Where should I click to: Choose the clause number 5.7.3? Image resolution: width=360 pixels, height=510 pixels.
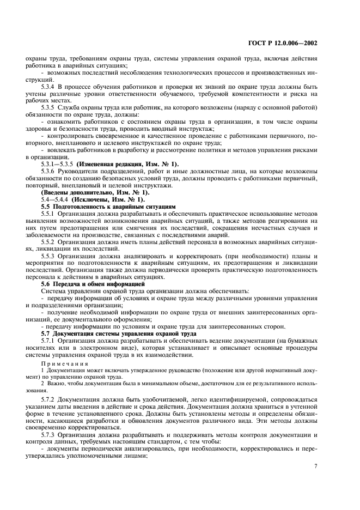(x=48, y=434)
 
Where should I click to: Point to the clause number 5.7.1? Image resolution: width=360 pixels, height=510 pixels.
(x=48, y=339)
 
